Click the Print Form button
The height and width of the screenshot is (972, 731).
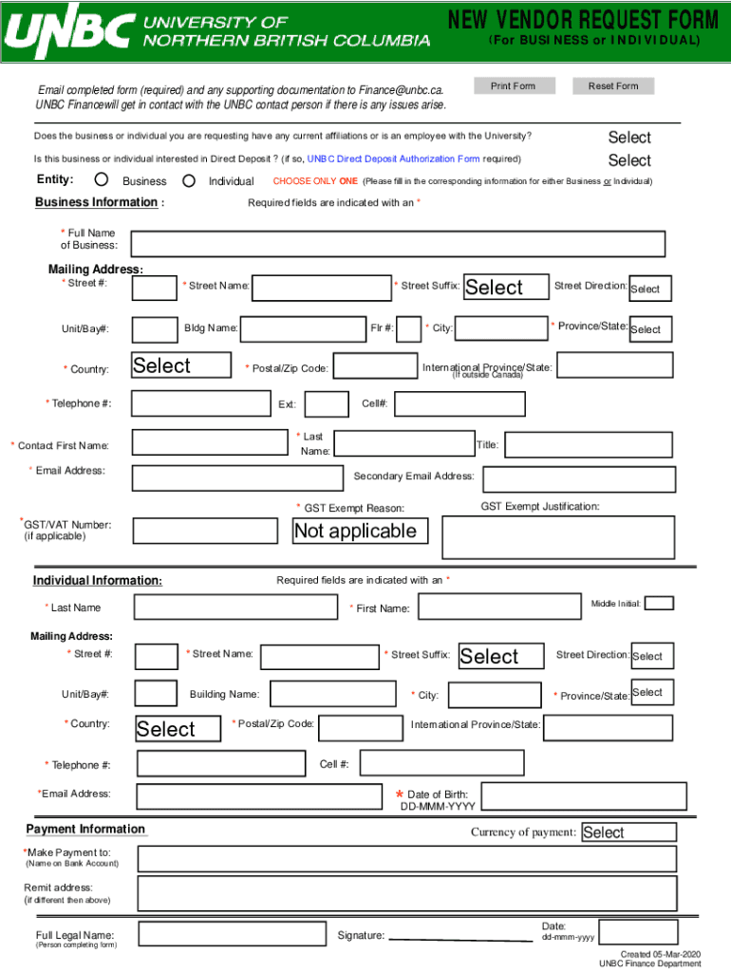coord(513,86)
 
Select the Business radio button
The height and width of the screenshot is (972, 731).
coord(102,180)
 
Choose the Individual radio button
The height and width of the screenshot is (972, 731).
coord(188,180)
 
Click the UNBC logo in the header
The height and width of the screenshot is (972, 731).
coord(66,32)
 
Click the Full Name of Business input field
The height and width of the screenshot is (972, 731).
coord(398,244)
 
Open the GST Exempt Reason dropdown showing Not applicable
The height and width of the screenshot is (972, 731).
coord(361,531)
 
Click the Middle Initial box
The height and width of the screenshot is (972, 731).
coord(659,603)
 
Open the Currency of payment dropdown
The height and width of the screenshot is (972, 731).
coord(628,832)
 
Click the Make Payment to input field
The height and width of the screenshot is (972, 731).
coord(408,859)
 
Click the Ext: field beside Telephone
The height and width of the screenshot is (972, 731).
coord(327,404)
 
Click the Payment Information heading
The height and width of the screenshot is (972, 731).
coord(85,829)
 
